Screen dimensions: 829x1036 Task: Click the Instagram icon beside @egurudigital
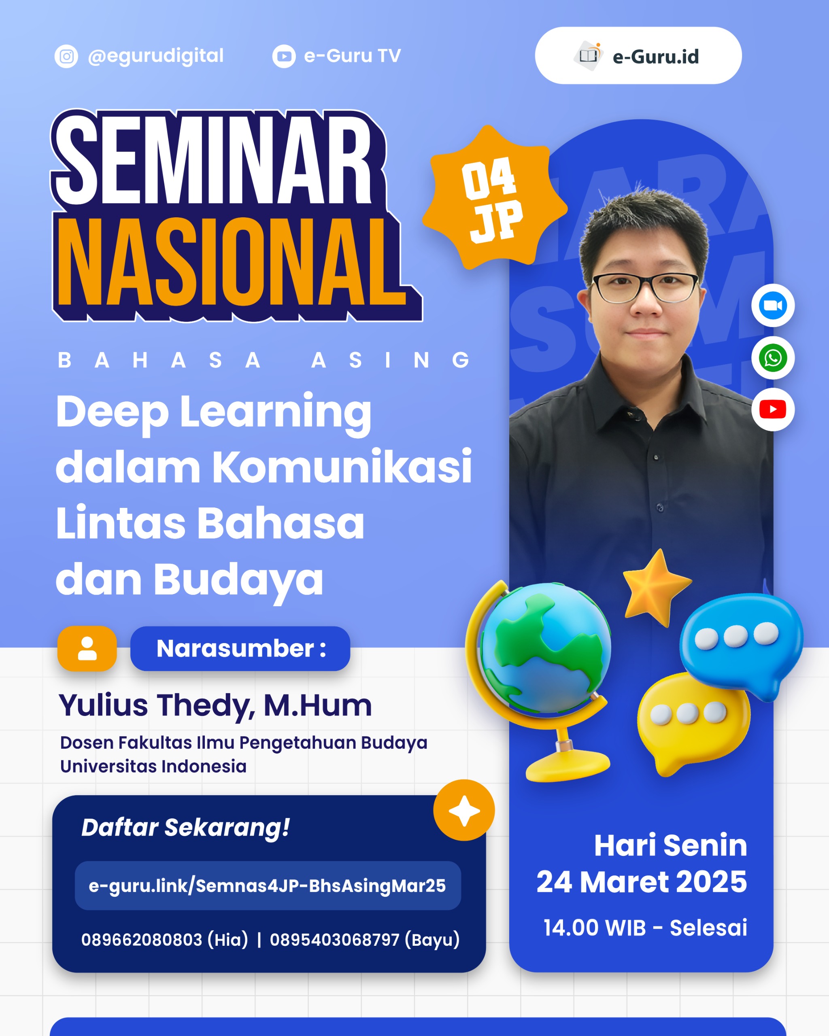66,56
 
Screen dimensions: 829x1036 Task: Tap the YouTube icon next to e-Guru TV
284,56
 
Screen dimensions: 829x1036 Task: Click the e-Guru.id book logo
588,56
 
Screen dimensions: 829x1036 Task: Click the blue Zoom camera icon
773,306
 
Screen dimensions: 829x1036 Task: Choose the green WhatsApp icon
773,358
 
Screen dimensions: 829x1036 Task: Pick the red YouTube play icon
773,410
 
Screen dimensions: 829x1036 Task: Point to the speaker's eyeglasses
645,287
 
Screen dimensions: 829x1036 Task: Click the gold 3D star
657,587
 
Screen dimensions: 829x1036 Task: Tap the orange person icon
87,649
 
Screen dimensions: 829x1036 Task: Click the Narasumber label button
240,649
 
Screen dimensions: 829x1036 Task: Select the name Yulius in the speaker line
103,705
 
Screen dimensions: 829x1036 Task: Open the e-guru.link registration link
268,885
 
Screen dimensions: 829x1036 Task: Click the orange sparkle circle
464,810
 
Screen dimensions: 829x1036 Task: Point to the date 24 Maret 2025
642,882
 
